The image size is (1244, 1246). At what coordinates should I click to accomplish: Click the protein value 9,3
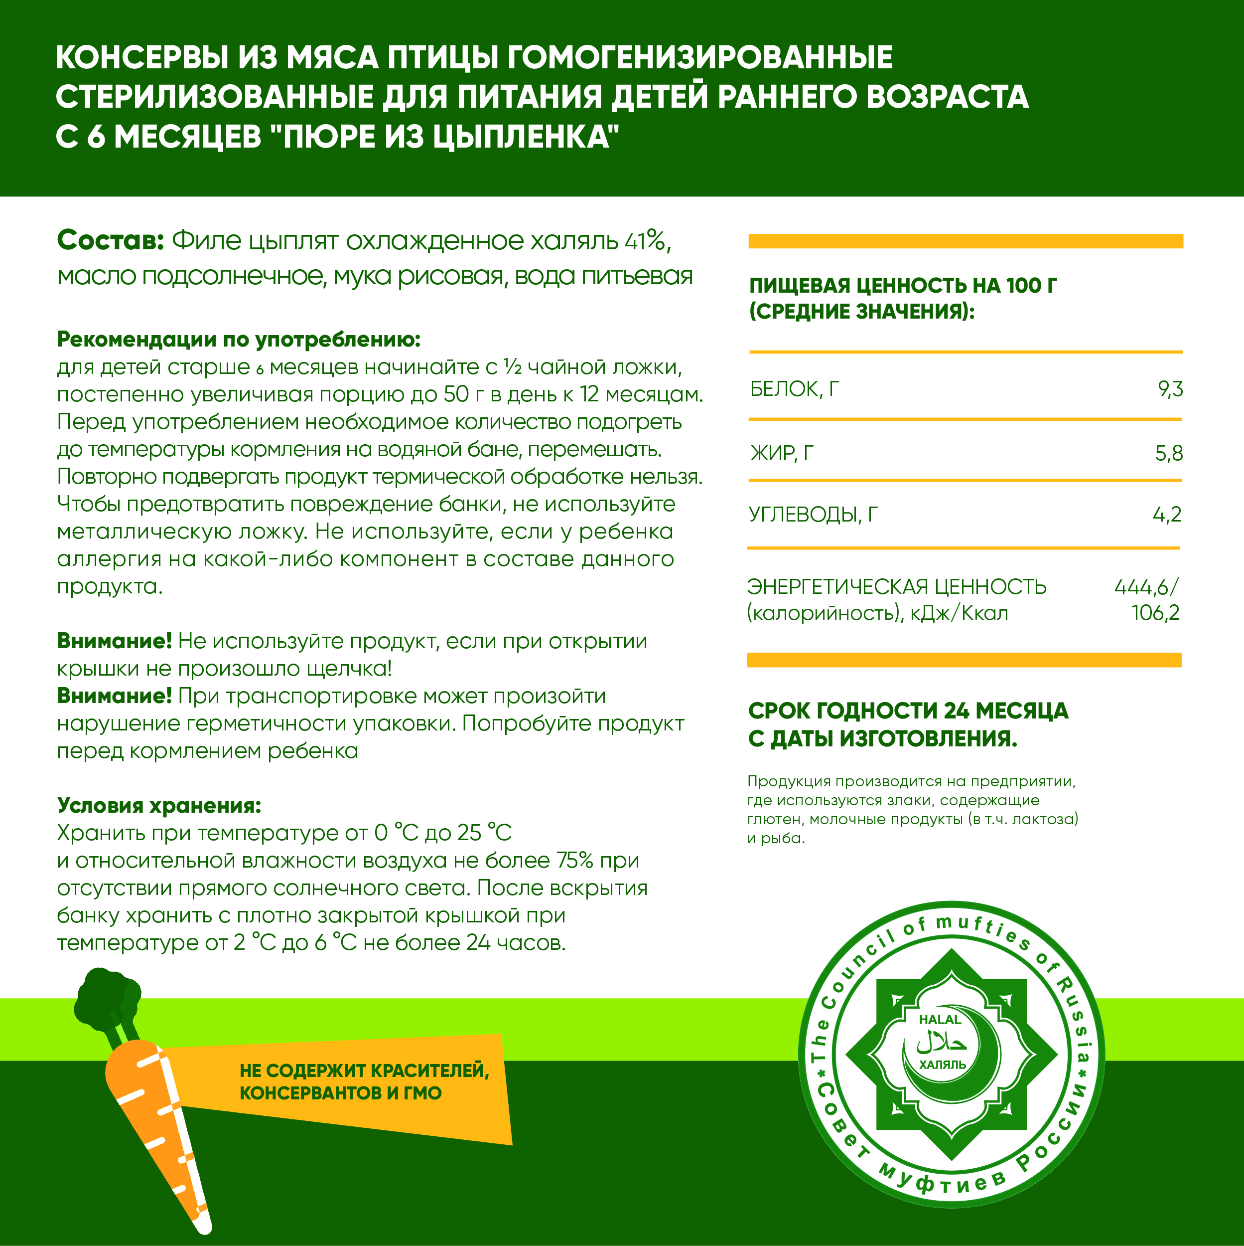[x=1170, y=389]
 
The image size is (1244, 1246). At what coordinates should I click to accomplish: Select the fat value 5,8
[x=1169, y=453]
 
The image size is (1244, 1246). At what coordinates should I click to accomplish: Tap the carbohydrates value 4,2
[x=1167, y=515]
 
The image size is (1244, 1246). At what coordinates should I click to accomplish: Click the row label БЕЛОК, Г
[x=794, y=389]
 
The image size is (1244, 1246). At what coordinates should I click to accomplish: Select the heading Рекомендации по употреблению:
[x=239, y=339]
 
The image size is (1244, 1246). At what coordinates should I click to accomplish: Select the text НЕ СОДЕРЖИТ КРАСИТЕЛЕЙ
[x=364, y=1070]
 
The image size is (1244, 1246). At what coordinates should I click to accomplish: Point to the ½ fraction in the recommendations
[x=513, y=367]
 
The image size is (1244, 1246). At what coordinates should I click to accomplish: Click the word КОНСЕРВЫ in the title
[x=142, y=57]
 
